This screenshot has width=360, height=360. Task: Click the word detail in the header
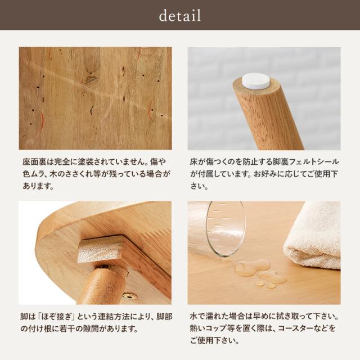[x=180, y=16]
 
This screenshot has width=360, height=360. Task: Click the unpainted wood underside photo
[x=95, y=98]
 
